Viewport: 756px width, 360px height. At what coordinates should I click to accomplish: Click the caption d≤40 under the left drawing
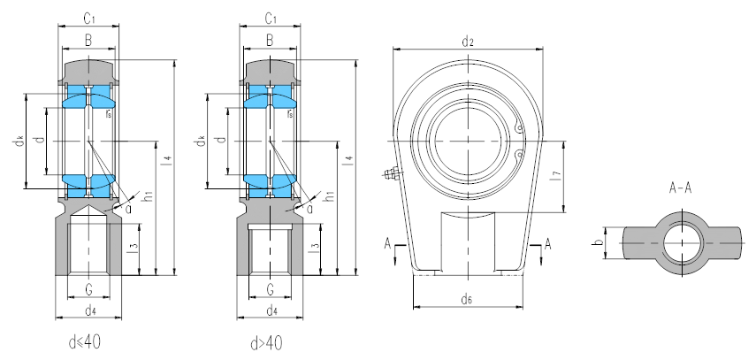coord(88,341)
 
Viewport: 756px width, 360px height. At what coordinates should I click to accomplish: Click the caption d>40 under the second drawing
coord(267,341)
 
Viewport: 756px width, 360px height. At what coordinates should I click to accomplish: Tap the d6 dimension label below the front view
coord(466,300)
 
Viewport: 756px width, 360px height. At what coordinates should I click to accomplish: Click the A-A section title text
coord(681,188)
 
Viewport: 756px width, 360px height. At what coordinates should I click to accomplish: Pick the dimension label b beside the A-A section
coord(598,244)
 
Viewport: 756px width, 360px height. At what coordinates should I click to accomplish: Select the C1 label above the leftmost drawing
coord(88,19)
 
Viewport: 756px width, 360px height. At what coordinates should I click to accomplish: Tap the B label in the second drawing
coord(269,41)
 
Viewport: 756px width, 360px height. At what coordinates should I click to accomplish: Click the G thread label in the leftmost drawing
coord(88,288)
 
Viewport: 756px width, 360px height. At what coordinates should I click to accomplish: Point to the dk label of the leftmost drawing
coord(18,141)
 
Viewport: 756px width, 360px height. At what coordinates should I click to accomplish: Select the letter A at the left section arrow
coord(386,243)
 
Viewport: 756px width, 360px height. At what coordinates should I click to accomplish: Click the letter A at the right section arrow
coord(548,243)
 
